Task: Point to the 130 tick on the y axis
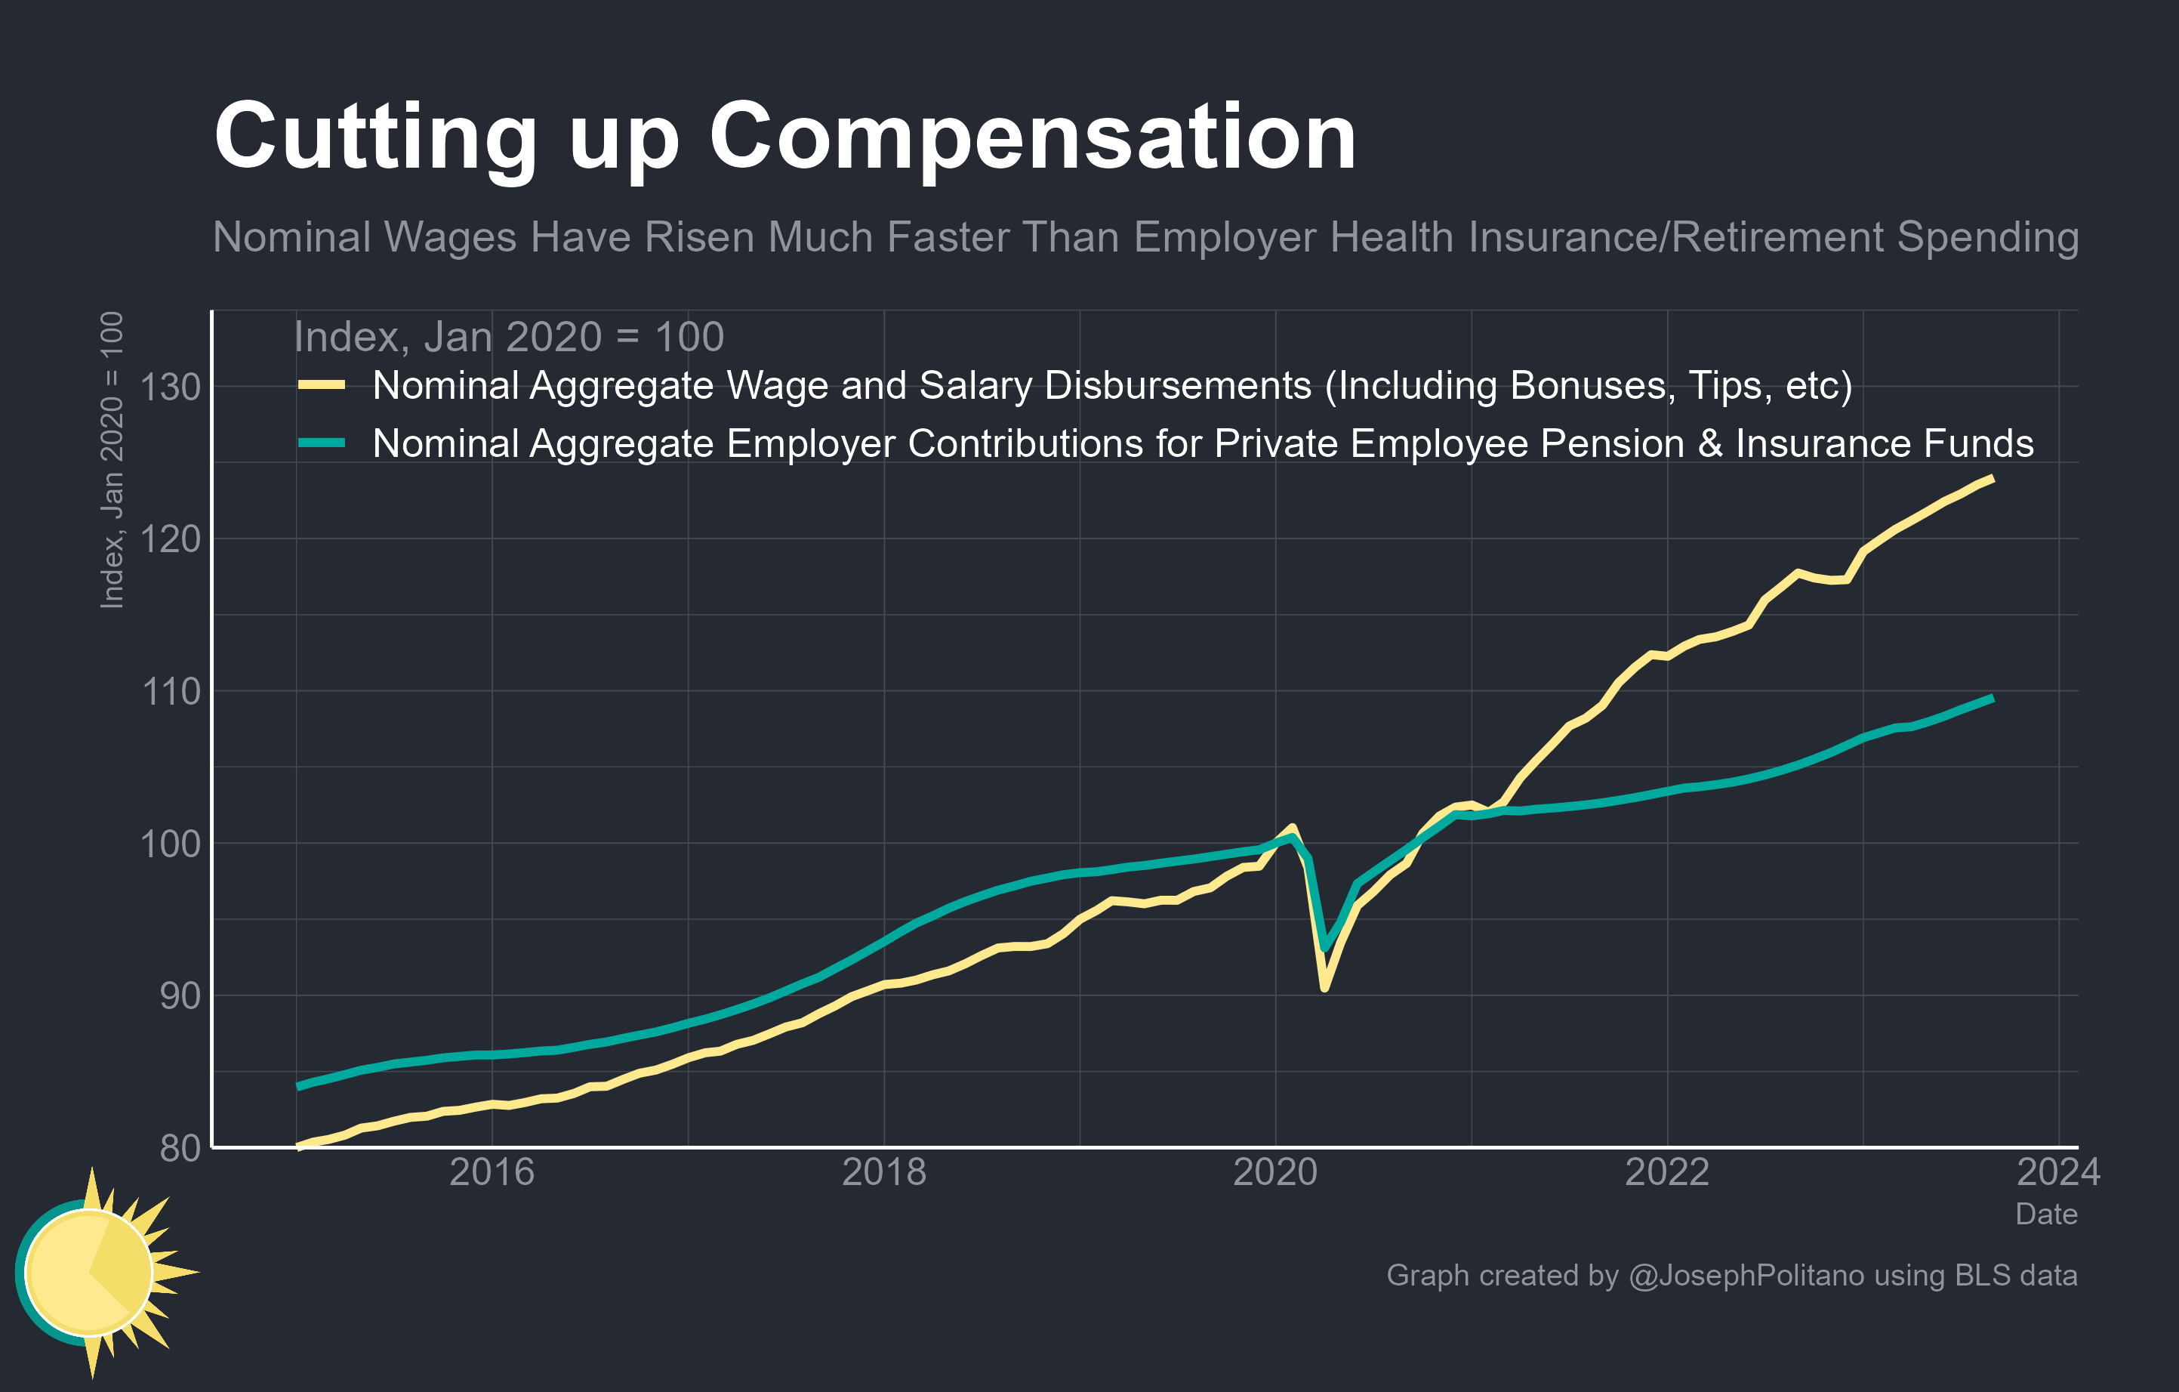(170, 387)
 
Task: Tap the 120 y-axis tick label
(170, 539)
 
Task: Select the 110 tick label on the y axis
(170, 693)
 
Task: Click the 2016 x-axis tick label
(492, 1173)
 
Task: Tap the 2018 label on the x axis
(883, 1173)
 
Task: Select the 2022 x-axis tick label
(1667, 1173)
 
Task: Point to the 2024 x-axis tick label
(2057, 1173)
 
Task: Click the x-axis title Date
(2045, 1215)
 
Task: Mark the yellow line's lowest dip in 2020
(1324, 987)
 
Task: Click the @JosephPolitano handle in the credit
(1746, 1275)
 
